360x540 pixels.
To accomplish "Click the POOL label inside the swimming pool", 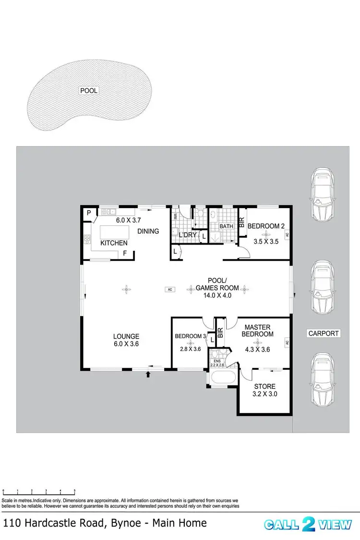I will click(x=89, y=91).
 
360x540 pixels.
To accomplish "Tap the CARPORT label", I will click(x=324, y=333).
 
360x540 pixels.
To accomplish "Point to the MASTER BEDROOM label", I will click(x=258, y=330).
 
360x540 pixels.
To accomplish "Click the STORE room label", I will click(x=264, y=387).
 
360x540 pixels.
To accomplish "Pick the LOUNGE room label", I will click(x=126, y=336).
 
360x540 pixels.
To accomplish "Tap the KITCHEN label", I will click(x=114, y=243).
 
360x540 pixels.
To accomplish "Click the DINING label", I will click(x=148, y=231).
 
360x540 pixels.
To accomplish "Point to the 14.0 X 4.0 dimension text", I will click(x=217, y=295).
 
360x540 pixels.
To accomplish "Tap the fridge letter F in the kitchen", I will click(x=125, y=253).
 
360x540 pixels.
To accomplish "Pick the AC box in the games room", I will click(x=169, y=289).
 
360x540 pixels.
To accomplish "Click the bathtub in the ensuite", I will click(x=222, y=377).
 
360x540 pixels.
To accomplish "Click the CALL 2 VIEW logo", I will click(x=308, y=524).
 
